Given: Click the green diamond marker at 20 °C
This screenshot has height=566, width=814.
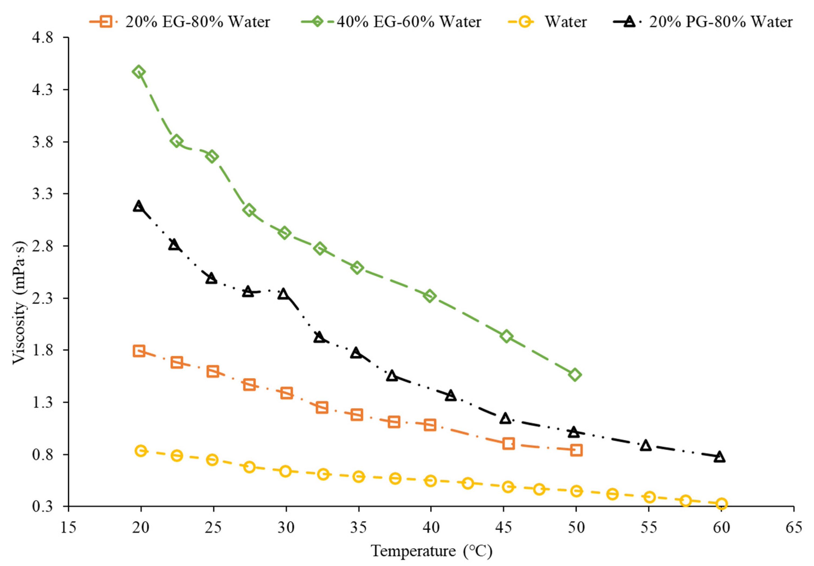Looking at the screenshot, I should (x=139, y=72).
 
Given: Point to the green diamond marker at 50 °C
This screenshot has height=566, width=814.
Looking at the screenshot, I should (x=575, y=375).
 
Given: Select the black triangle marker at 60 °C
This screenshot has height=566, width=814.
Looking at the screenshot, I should (x=719, y=457).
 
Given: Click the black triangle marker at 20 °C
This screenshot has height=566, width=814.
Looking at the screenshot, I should (x=139, y=206).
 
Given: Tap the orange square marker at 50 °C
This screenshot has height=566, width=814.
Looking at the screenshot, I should (x=576, y=451).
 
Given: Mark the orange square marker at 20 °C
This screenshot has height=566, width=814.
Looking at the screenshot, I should (x=139, y=351).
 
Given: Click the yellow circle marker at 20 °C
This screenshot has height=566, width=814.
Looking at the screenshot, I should (x=141, y=451).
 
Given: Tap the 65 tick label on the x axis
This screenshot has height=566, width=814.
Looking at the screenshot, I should (x=793, y=527).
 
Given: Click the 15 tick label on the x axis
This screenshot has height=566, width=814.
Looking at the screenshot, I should (x=68, y=527).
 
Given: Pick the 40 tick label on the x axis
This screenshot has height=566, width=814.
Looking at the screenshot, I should (x=431, y=527).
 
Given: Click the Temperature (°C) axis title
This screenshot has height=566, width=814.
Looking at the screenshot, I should (x=431, y=551).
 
